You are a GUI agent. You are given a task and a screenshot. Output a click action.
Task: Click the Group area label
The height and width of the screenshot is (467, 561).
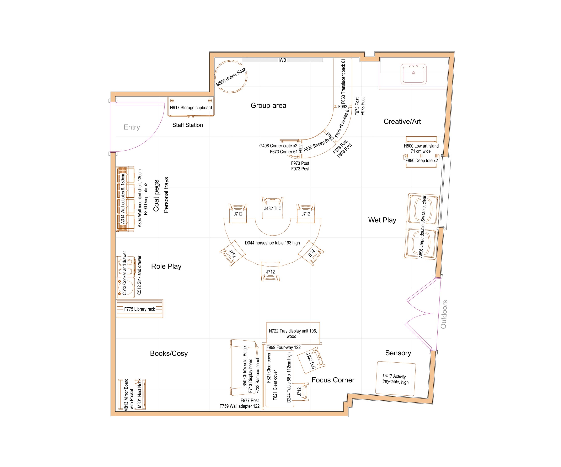[268, 105]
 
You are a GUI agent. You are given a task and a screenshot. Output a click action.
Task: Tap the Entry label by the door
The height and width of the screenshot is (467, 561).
[132, 127]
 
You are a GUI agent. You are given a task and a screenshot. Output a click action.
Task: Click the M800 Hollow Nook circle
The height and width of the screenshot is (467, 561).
[231, 77]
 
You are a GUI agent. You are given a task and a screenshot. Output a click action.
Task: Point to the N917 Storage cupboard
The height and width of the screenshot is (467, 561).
[191, 108]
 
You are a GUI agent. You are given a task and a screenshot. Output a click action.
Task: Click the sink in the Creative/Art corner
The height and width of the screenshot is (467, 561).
[413, 74]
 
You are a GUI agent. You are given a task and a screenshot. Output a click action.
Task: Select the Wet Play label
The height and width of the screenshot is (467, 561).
[382, 220]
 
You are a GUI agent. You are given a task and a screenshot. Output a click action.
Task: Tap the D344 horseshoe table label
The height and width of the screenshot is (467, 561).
[272, 243]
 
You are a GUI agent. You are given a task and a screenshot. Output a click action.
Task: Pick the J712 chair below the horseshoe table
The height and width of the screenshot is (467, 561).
[270, 272]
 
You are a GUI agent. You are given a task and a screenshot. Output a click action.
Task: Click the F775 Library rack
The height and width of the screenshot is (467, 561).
[139, 309]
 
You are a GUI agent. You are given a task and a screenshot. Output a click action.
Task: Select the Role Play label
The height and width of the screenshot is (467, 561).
[166, 266]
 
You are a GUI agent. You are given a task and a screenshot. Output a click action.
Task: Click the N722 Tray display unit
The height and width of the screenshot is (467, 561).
[293, 333]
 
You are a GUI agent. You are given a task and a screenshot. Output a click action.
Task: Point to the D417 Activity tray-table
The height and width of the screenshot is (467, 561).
[395, 379]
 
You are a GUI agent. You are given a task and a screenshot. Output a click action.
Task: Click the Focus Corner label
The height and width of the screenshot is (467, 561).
[333, 380]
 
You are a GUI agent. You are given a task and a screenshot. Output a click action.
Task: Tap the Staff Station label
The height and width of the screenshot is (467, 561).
[188, 125]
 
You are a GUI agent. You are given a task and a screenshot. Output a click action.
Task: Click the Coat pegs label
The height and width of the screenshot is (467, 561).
[156, 195]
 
